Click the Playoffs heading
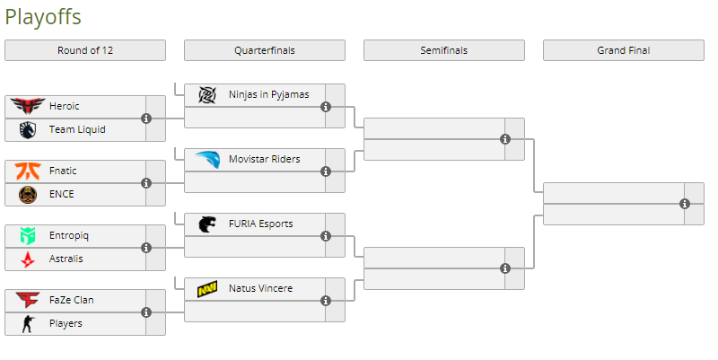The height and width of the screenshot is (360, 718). click(x=43, y=16)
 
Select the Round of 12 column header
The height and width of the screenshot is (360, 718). click(x=85, y=50)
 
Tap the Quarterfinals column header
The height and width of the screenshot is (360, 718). click(x=264, y=50)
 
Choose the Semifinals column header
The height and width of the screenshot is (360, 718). click(x=443, y=50)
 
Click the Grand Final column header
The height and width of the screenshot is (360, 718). click(x=623, y=50)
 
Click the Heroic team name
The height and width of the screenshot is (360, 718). click(x=65, y=106)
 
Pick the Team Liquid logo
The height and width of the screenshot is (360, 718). click(x=28, y=129)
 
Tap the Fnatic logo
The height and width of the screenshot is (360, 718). click(x=28, y=171)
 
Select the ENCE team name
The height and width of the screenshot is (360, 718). click(x=62, y=194)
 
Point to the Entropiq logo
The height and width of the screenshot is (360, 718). click(x=28, y=235)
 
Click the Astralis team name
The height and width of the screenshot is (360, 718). click(x=66, y=259)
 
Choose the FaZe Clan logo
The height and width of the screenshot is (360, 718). click(x=28, y=300)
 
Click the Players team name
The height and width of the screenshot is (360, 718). click(x=66, y=323)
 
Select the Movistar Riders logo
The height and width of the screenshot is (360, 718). click(x=207, y=159)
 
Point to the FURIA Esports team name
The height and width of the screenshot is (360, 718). click(x=260, y=224)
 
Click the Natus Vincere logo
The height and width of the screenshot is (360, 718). click(x=207, y=288)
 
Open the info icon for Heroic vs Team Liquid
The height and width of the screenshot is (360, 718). click(x=146, y=118)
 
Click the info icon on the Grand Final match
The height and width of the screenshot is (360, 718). click(x=685, y=204)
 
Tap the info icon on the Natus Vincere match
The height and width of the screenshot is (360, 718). click(x=326, y=301)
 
